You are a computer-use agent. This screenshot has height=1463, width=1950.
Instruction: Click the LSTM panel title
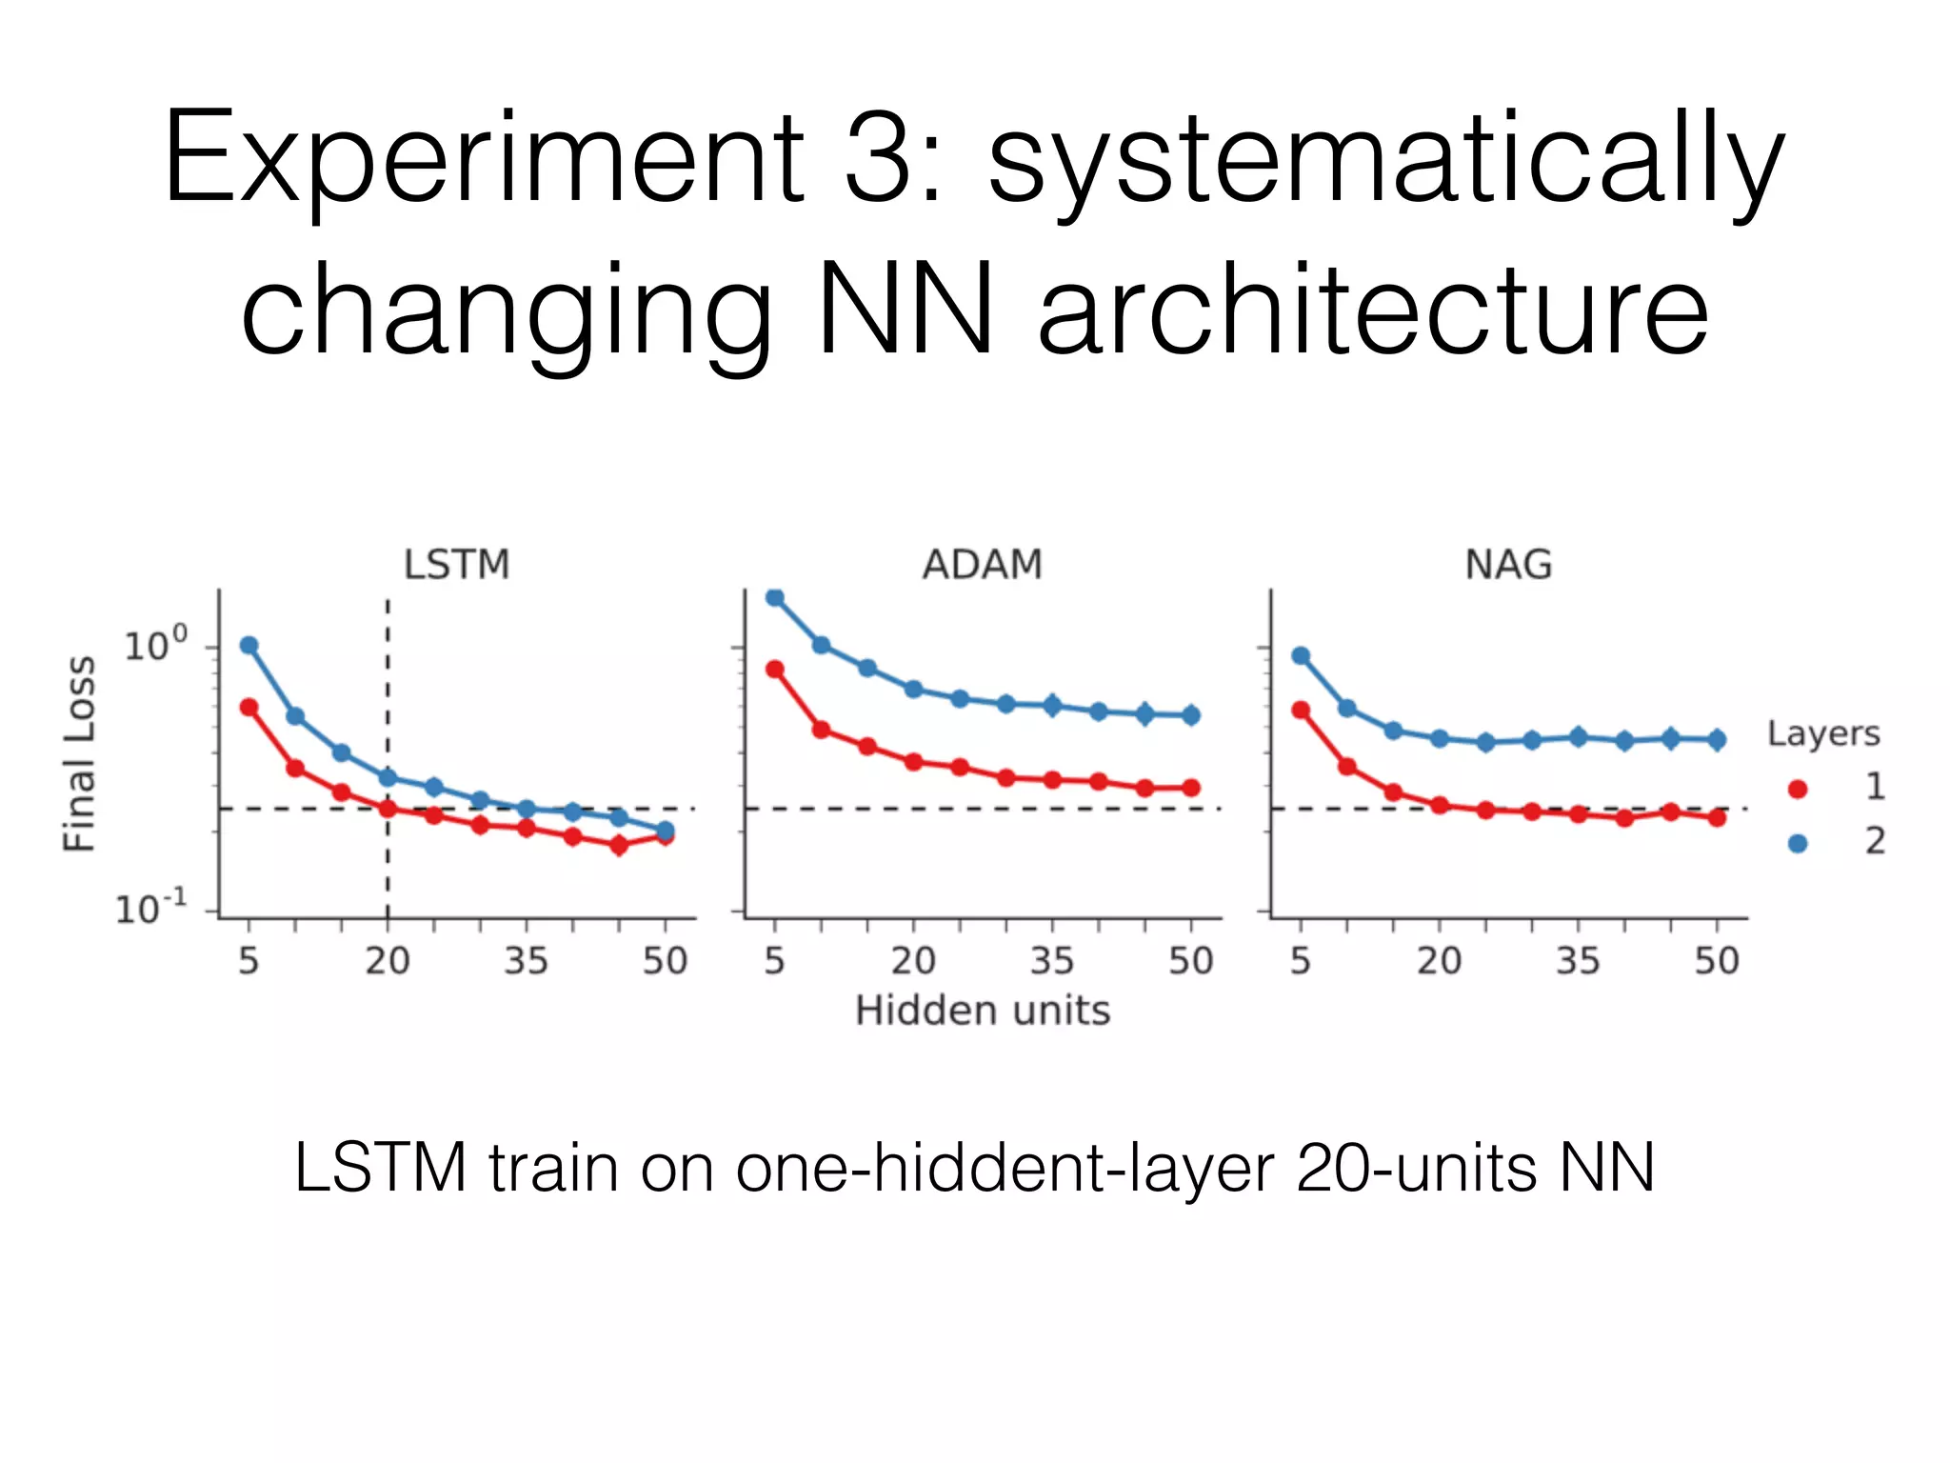(x=456, y=565)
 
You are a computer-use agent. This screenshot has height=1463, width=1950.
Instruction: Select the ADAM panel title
(x=982, y=565)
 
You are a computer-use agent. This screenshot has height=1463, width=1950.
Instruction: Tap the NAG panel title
(x=1508, y=565)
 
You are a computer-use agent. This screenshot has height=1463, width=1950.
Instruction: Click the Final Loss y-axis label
(x=80, y=753)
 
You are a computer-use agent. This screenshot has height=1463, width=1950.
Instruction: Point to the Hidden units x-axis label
(x=982, y=1011)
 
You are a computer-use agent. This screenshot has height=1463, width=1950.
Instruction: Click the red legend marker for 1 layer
(x=1798, y=789)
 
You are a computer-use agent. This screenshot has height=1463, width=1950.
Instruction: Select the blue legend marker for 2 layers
(x=1798, y=843)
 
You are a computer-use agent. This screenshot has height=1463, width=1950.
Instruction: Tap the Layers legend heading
(x=1823, y=733)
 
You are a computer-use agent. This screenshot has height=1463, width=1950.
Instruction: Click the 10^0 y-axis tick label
(x=155, y=645)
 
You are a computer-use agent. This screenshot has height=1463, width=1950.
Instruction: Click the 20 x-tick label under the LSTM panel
(x=388, y=961)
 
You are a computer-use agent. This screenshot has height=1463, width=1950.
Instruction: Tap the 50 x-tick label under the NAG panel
(x=1717, y=961)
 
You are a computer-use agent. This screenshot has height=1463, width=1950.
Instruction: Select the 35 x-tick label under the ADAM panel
(x=1052, y=961)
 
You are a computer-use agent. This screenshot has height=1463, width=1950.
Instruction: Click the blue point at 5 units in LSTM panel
(x=249, y=646)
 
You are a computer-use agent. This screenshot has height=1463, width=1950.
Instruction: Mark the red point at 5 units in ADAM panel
(x=775, y=670)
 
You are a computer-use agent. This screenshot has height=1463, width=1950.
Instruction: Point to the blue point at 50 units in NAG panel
(x=1717, y=739)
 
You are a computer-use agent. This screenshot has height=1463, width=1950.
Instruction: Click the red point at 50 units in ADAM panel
(x=1190, y=788)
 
